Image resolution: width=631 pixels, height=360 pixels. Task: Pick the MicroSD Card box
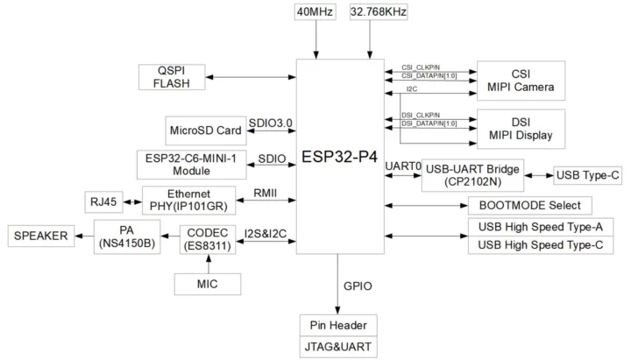[x=204, y=131]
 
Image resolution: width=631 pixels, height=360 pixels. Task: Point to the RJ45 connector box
[x=103, y=201]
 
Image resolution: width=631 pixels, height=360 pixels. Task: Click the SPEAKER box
[x=41, y=235]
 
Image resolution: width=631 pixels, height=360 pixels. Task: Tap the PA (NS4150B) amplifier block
[x=127, y=236]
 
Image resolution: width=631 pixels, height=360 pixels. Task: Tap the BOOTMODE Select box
[x=530, y=206]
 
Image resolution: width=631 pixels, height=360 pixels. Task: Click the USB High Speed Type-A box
[x=535, y=227]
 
